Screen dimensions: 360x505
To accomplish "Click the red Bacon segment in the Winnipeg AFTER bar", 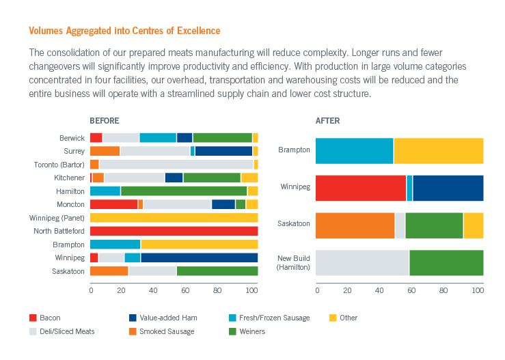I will coord(361,187).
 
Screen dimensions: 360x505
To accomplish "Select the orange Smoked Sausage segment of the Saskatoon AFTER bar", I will coord(355,225).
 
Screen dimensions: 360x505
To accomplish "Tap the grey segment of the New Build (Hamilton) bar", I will coord(362,263).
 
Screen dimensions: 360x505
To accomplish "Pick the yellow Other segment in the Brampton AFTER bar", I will coord(438,150).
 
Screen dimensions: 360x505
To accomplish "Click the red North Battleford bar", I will coord(174,231).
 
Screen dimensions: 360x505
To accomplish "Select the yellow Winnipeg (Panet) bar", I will coord(174,217).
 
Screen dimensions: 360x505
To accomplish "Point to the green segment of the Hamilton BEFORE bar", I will coord(184,191).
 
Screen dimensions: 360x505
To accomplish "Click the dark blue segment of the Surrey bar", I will coord(223,151).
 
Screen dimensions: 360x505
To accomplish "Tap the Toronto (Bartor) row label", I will coord(59,165).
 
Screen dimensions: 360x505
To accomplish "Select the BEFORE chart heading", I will coord(105,121).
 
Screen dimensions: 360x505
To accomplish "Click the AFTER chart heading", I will coord(327,121).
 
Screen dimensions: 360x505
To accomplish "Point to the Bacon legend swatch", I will coord(33,318).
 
